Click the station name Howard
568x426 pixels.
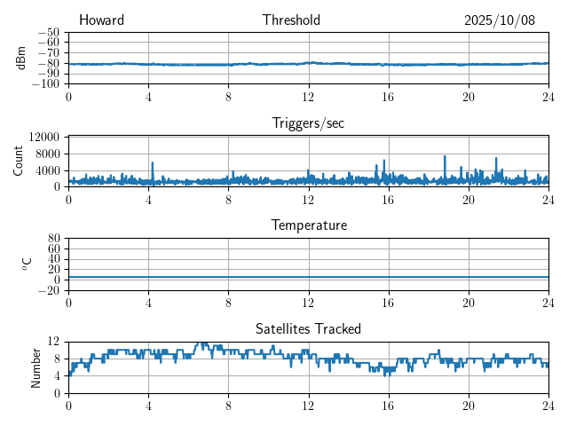(x=101, y=20)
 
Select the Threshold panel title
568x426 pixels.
(x=291, y=20)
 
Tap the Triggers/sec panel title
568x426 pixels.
(x=308, y=123)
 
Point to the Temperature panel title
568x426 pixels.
(x=308, y=225)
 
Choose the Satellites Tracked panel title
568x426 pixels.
(x=308, y=328)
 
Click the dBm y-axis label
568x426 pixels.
(x=22, y=58)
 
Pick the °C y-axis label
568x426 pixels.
(x=27, y=264)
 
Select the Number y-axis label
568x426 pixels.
(x=35, y=367)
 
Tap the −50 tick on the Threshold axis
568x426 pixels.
(x=48, y=32)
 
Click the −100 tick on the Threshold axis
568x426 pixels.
(x=45, y=84)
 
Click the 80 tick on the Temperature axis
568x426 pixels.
(x=53, y=239)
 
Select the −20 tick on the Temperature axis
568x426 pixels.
(x=48, y=290)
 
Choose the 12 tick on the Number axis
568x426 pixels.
(x=53, y=342)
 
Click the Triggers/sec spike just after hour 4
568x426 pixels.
(x=153, y=163)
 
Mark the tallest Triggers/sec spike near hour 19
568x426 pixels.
(x=445, y=157)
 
